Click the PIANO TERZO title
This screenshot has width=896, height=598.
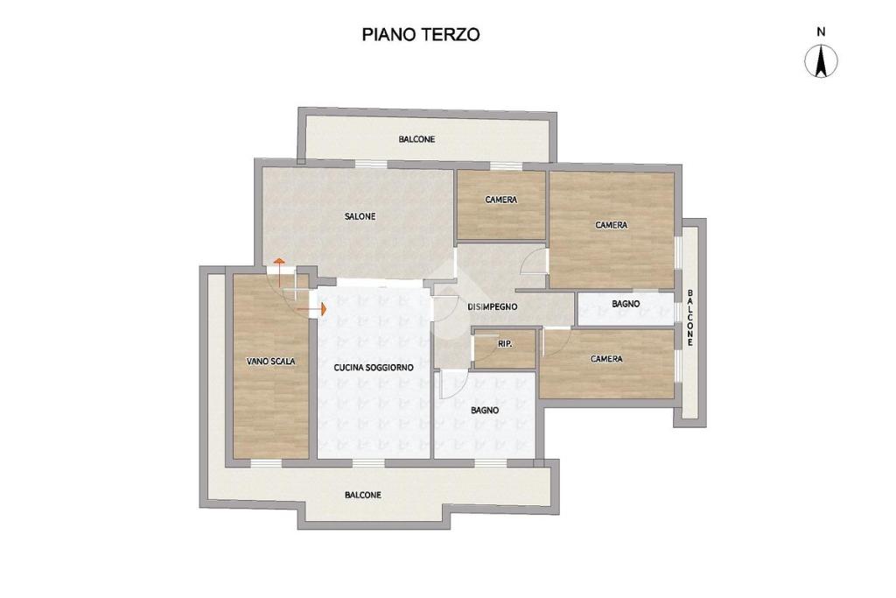[x=421, y=35]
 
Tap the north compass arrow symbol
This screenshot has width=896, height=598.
[x=821, y=61]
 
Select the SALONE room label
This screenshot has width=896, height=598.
[x=360, y=216]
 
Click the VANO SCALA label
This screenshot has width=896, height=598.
[x=271, y=362]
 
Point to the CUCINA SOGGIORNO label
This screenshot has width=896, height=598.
[x=374, y=368]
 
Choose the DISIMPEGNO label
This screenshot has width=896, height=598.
[x=493, y=307]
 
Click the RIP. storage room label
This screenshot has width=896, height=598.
[x=505, y=344]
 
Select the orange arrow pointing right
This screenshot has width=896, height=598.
[x=312, y=309]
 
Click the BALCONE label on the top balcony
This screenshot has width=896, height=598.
[x=417, y=139]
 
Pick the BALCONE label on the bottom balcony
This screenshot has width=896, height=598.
[x=363, y=495]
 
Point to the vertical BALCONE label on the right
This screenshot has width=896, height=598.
[x=690, y=318]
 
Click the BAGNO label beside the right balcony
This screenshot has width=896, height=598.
[x=626, y=304]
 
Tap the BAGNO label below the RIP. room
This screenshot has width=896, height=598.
[x=485, y=411]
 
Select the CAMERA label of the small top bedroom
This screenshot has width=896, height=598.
[x=501, y=201]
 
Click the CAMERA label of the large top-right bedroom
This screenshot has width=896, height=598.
[x=612, y=225]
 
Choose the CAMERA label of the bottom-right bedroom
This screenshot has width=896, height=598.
[x=606, y=359]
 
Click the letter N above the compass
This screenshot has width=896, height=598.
[x=821, y=32]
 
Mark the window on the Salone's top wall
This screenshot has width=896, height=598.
[x=371, y=164]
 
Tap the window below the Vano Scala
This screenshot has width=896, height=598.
[x=267, y=462]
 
